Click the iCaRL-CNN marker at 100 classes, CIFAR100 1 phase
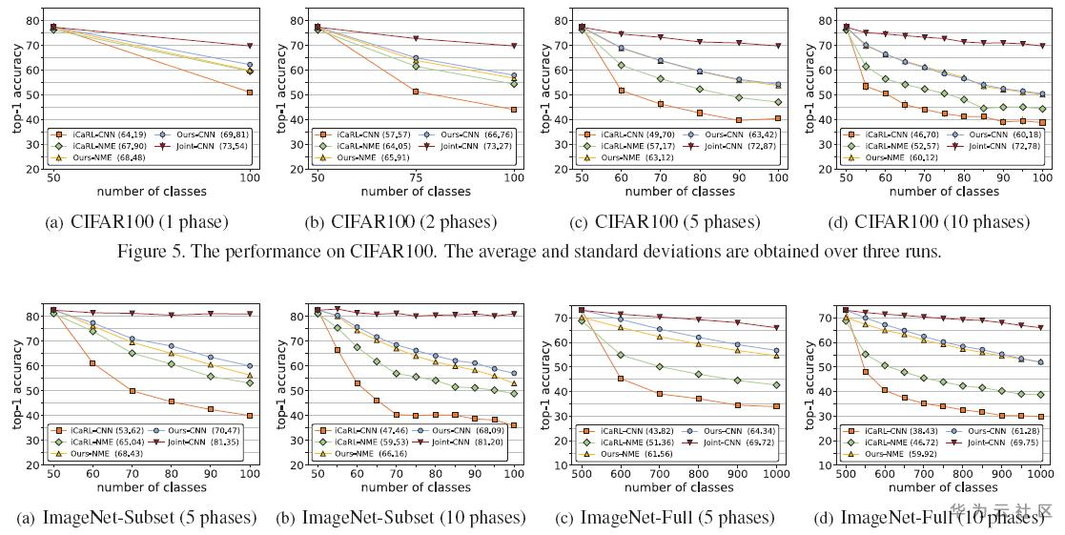pos(249,93)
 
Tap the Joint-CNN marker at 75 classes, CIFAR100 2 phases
pos(415,38)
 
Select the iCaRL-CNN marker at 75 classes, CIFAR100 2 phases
pos(415,92)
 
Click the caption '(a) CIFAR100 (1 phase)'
pos(136,222)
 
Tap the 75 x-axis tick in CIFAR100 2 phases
pos(415,177)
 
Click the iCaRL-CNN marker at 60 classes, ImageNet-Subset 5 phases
pos(92,363)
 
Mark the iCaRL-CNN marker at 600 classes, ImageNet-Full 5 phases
pos(621,379)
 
